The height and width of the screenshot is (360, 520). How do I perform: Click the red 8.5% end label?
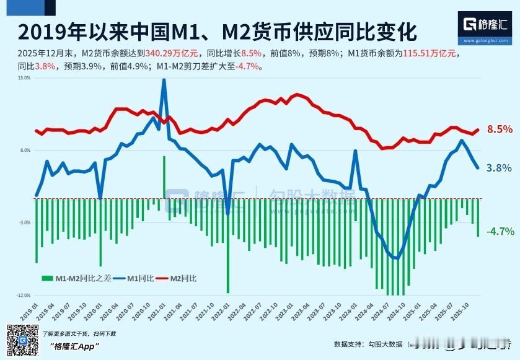[500, 130]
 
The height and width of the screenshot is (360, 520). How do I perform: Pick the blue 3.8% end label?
[499, 168]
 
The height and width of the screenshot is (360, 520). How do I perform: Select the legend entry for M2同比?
[178, 279]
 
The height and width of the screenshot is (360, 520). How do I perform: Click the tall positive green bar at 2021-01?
[164, 177]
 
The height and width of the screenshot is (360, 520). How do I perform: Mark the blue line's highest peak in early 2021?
[164, 80]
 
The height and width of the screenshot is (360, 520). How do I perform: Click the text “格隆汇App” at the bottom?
[74, 346]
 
